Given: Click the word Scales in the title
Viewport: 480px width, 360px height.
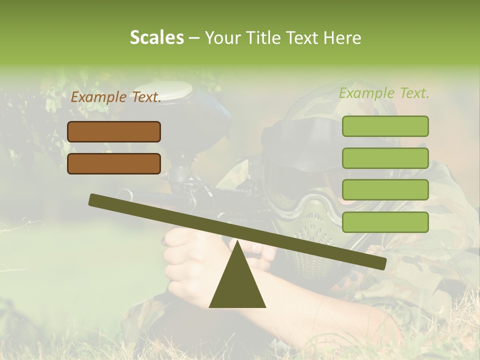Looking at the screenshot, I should click(x=156, y=38).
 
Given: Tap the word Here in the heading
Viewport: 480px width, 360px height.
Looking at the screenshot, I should click(x=342, y=38).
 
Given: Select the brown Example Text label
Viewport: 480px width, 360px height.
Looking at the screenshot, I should click(x=116, y=97).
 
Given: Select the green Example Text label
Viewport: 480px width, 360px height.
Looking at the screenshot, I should click(x=384, y=93).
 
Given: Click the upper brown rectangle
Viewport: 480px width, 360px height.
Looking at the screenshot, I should click(x=114, y=131).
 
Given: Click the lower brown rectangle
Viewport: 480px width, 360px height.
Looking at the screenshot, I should click(x=114, y=163).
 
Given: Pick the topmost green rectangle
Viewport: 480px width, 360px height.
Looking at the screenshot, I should click(x=385, y=126).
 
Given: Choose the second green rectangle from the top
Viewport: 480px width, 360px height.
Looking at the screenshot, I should click(x=385, y=158).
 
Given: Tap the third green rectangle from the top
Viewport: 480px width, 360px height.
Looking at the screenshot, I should click(x=385, y=190).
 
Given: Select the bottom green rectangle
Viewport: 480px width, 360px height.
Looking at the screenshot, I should click(x=385, y=222).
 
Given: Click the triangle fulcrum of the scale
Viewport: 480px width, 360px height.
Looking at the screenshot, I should click(x=237, y=285).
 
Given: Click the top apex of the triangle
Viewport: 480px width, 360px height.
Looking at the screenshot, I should click(x=238, y=242).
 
